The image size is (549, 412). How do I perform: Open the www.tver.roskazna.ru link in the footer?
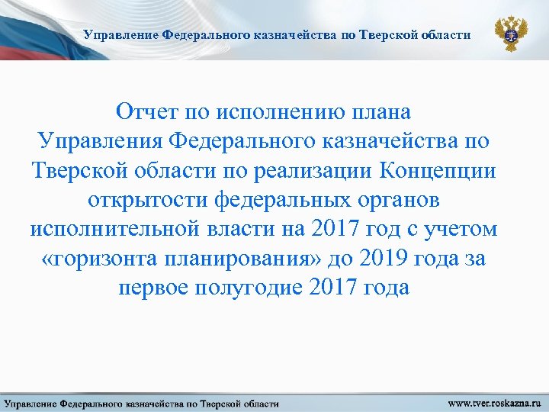click(x=494, y=402)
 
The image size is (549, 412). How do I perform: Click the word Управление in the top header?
click(x=118, y=35)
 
